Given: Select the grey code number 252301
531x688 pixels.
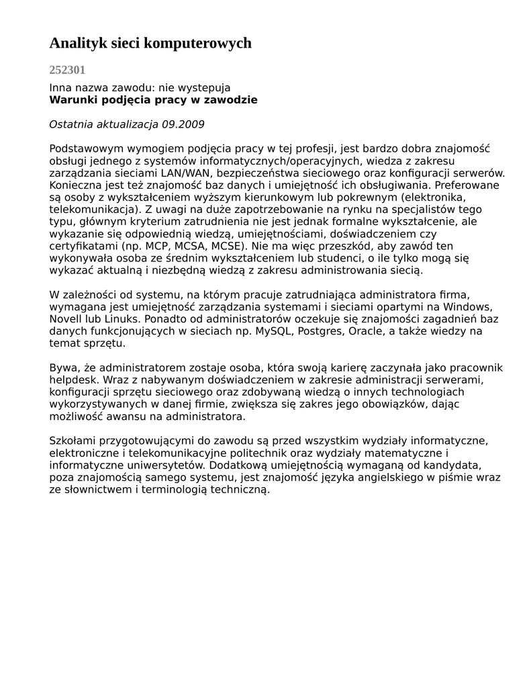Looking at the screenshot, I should tap(67, 70).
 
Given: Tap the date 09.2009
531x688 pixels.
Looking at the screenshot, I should tap(183, 124).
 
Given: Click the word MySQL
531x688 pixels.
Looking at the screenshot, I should tap(275, 331).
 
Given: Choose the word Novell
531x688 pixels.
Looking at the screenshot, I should tap(66, 319).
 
